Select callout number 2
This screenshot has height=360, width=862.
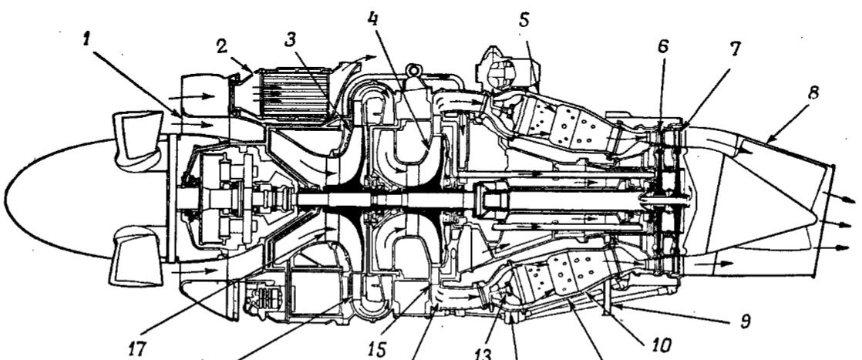coord(221,46)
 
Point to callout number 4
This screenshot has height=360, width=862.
coord(373,19)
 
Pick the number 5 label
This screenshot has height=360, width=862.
coord(524,20)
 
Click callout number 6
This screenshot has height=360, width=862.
coord(663,47)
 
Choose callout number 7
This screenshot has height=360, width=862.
coord(736,49)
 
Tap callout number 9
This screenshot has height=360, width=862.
coord(745,321)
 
